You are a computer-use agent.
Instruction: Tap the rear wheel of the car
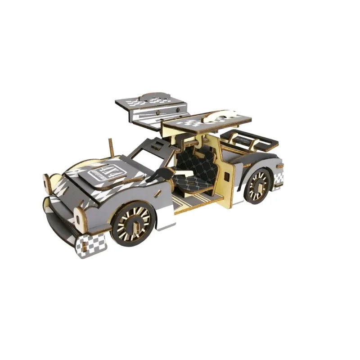[x=258, y=185]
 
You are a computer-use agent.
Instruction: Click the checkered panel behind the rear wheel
[x=279, y=179]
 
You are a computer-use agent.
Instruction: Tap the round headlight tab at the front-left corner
[x=47, y=182]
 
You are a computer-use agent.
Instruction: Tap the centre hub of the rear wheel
[x=258, y=185]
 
